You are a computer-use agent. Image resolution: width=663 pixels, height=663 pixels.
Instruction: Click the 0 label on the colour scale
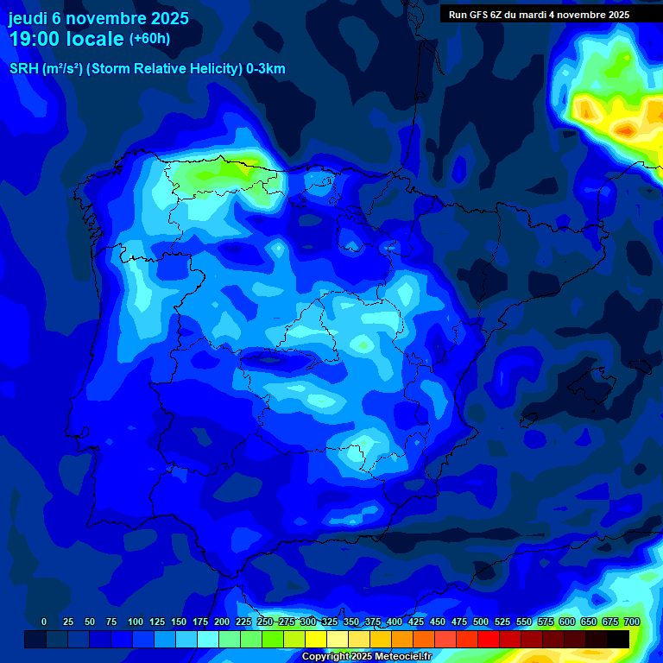pos(44,622)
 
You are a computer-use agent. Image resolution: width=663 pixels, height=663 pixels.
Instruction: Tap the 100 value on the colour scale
pos(136,622)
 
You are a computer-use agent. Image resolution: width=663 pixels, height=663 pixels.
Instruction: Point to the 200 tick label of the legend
pos(222,622)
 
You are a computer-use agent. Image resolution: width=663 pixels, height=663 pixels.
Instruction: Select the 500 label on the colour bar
pos(481,622)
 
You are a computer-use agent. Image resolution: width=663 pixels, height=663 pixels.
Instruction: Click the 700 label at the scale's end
pos(631,622)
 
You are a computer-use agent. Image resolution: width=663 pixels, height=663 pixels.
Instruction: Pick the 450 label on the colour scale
pos(438,622)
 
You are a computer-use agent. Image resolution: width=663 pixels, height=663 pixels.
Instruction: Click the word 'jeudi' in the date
pos(27,18)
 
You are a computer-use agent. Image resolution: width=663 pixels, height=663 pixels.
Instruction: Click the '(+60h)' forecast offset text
pos(149,39)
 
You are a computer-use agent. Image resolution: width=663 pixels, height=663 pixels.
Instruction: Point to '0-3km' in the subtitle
pos(266,69)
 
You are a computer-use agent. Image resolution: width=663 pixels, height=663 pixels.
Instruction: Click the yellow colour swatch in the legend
pos(316,639)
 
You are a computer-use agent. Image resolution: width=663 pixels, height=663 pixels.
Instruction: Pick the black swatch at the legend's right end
pos(618,639)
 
